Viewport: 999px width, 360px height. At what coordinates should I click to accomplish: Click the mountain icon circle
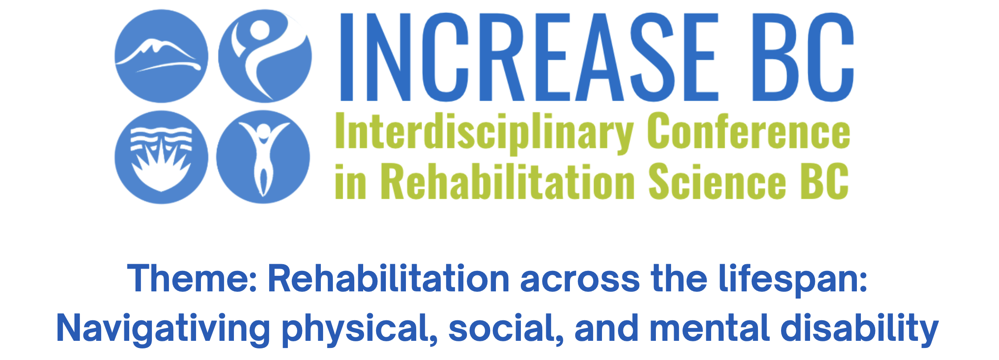pos(161,56)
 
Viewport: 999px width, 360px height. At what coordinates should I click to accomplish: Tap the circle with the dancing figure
pos(265,56)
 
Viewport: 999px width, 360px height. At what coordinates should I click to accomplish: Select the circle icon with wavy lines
pos(161,157)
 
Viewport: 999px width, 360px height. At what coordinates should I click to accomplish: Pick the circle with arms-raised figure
pos(263,157)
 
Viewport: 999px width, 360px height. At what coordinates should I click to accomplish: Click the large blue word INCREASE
pos(529,57)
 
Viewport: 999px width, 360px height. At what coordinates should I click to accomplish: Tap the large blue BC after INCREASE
pos(803,57)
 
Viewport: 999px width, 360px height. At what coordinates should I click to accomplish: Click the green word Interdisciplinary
pos(484,133)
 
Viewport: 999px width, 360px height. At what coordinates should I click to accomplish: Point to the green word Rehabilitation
pos(508,180)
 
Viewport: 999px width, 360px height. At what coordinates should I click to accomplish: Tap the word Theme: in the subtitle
pos(192,278)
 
